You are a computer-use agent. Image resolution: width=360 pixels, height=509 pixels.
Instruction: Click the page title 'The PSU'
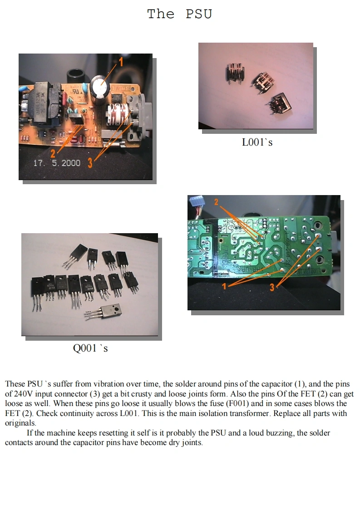[x=179, y=14]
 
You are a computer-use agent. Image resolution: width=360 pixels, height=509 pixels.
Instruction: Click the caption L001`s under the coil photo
[x=257, y=142]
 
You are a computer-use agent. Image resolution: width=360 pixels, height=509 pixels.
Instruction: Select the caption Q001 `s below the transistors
[x=90, y=348]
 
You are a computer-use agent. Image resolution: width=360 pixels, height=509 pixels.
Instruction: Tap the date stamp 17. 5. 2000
[x=57, y=162]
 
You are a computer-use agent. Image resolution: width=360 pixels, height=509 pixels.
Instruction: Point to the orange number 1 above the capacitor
[x=121, y=62]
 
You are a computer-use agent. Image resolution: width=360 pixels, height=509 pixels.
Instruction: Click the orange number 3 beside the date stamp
[x=90, y=163]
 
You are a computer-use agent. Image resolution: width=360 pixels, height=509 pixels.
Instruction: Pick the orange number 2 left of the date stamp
[x=53, y=153]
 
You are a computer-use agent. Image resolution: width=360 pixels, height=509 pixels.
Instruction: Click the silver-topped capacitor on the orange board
[x=100, y=85]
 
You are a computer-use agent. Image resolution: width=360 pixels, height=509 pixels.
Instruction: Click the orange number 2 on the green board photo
[x=217, y=202]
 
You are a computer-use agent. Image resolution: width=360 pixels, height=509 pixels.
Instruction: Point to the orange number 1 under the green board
[x=224, y=286]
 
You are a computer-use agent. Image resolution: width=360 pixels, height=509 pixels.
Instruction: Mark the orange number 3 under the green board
[x=272, y=287]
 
